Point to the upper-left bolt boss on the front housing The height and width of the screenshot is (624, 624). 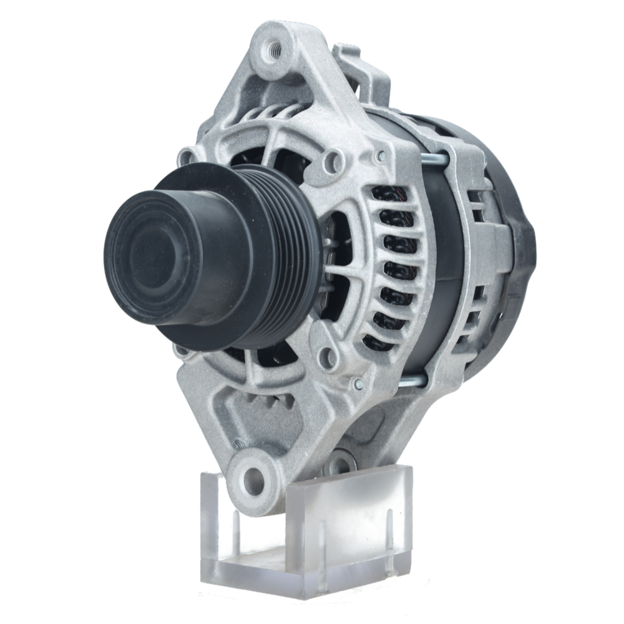[x=186, y=155]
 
